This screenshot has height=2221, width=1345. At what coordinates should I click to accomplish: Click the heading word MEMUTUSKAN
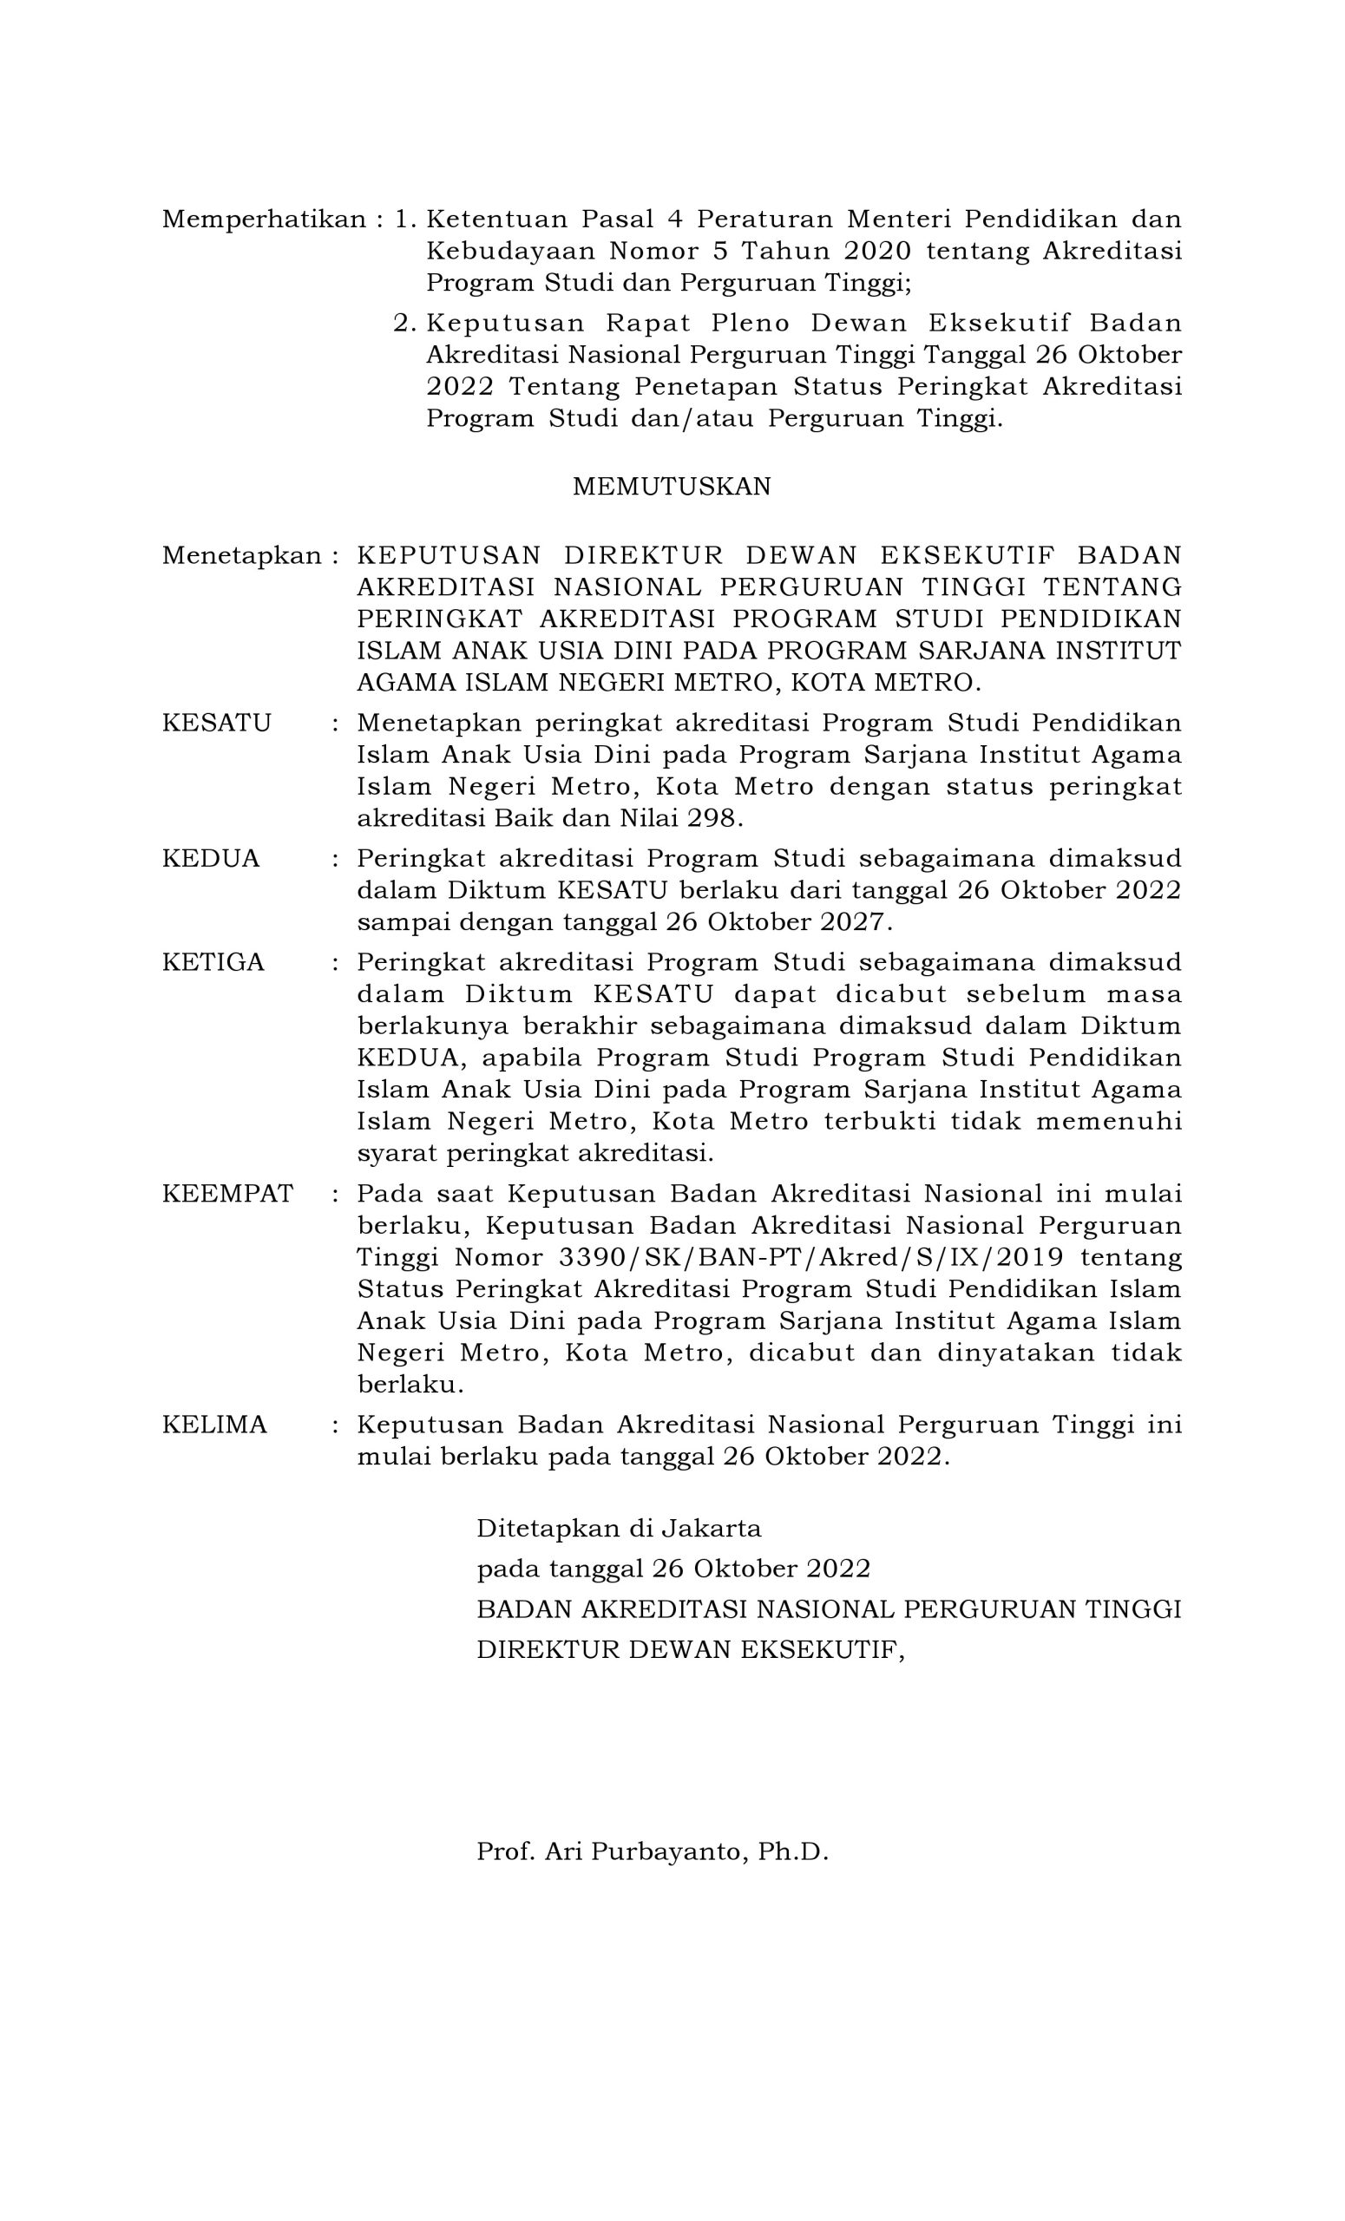point(672,487)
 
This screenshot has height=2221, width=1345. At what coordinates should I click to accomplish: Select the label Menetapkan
point(240,556)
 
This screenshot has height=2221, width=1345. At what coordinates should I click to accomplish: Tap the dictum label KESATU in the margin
point(216,723)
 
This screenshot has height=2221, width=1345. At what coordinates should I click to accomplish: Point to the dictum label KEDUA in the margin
point(211,858)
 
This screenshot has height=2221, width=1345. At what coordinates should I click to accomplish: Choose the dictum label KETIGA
point(213,962)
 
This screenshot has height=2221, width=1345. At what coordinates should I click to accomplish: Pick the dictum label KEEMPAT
point(227,1194)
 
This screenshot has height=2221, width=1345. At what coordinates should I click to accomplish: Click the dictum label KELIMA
point(214,1425)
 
